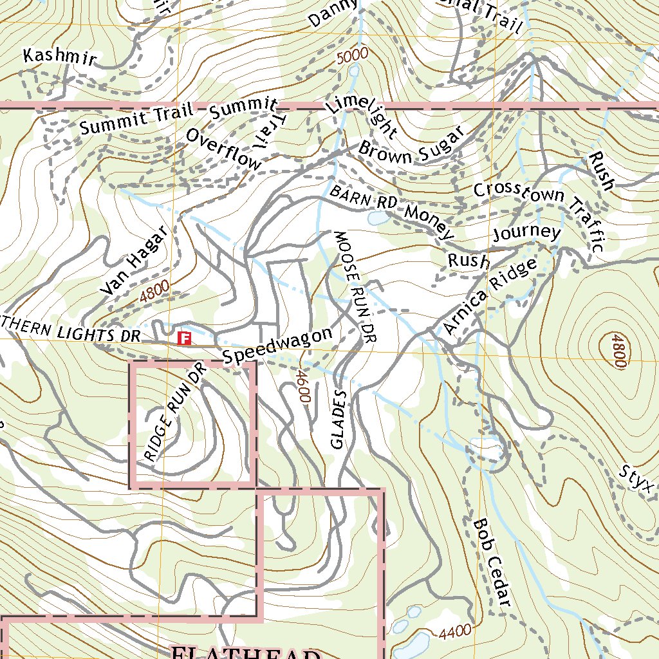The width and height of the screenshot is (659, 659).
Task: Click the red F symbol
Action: (185, 338)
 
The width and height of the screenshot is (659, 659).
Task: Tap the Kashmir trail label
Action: (59, 57)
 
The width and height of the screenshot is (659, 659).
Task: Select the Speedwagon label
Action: (277, 346)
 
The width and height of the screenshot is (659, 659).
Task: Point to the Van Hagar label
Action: (133, 262)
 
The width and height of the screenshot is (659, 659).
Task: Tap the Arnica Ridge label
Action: (490, 297)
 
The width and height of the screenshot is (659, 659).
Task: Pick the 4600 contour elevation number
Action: (302, 385)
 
